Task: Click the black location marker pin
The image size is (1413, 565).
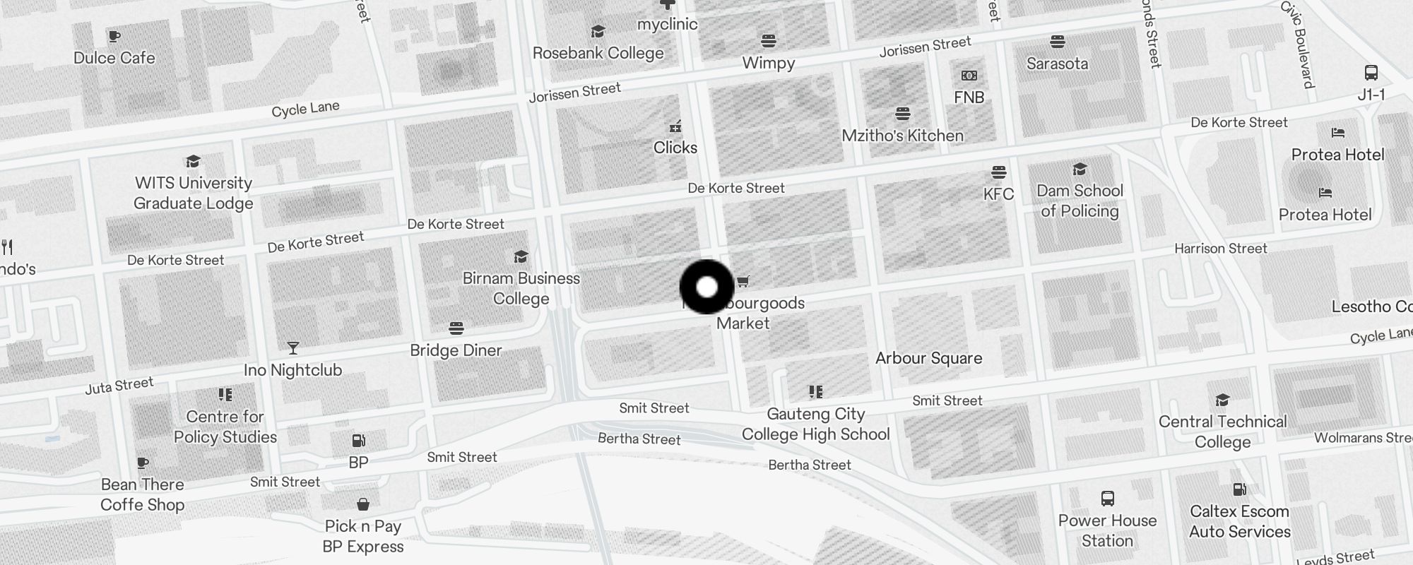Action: pyautogui.click(x=706, y=287)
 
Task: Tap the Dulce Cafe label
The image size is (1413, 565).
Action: pyautogui.click(x=114, y=58)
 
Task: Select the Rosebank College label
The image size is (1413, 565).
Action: pyautogui.click(x=598, y=53)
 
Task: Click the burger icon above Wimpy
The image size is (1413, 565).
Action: pyautogui.click(x=769, y=41)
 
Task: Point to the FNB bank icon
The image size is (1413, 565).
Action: pyautogui.click(x=969, y=76)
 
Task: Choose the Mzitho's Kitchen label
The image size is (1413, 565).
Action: pyautogui.click(x=902, y=136)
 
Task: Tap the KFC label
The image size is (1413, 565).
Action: pyautogui.click(x=998, y=194)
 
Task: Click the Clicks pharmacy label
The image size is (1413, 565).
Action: pyautogui.click(x=675, y=148)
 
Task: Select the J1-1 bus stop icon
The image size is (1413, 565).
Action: pyautogui.click(x=1371, y=73)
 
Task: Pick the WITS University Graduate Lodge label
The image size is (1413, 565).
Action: pyautogui.click(x=193, y=193)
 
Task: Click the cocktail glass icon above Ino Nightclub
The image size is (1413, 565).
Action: pyautogui.click(x=292, y=348)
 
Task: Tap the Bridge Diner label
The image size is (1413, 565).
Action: pyautogui.click(x=456, y=350)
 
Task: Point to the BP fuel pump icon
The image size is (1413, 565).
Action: pyautogui.click(x=358, y=441)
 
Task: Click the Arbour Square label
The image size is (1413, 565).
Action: pyautogui.click(x=928, y=358)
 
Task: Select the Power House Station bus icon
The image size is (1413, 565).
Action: pyautogui.click(x=1107, y=499)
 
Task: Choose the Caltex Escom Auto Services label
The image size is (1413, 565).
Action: pyautogui.click(x=1239, y=521)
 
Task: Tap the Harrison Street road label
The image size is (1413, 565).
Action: pyautogui.click(x=1220, y=249)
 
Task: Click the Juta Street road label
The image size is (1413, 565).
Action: pyautogui.click(x=119, y=386)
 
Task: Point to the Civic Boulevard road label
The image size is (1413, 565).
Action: pyautogui.click(x=1297, y=44)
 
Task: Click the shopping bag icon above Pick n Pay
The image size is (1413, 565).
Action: pyautogui.click(x=362, y=504)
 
